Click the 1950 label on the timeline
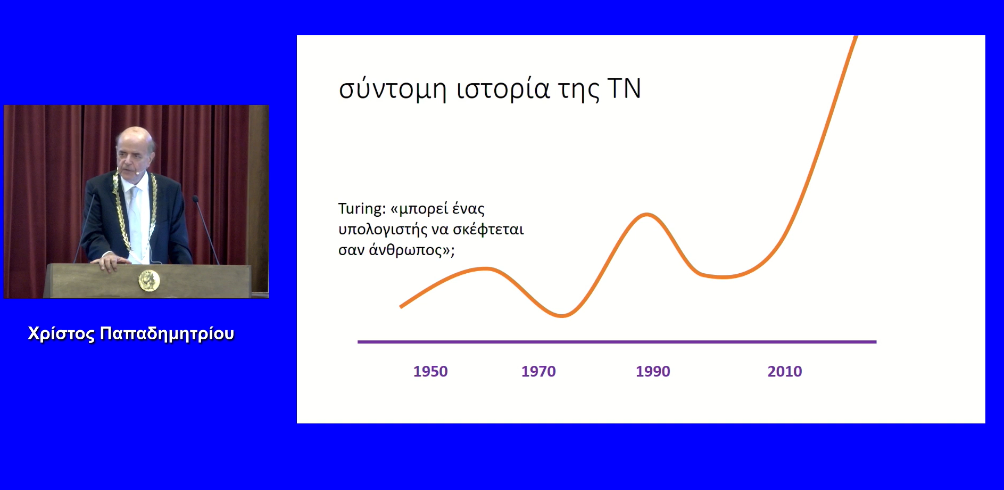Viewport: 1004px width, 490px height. click(x=430, y=371)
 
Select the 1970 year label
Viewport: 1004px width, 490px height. click(x=538, y=371)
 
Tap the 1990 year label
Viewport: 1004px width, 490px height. click(x=653, y=371)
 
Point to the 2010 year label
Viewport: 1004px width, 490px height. click(x=785, y=371)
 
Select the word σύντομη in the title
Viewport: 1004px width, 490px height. click(x=393, y=89)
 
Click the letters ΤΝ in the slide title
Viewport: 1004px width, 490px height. click(x=624, y=88)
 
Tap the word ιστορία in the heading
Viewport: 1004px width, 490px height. click(x=503, y=89)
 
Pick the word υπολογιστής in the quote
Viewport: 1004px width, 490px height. click(x=383, y=230)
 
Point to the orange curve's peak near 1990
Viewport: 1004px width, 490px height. click(x=646, y=214)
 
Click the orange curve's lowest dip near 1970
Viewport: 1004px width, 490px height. click(x=562, y=315)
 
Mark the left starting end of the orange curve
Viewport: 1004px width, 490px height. click(x=401, y=307)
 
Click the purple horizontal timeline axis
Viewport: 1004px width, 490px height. click(x=617, y=342)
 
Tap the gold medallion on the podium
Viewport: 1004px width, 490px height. click(x=149, y=280)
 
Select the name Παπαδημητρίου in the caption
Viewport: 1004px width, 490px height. click(x=167, y=334)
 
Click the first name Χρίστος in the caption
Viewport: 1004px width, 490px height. click(x=61, y=333)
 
